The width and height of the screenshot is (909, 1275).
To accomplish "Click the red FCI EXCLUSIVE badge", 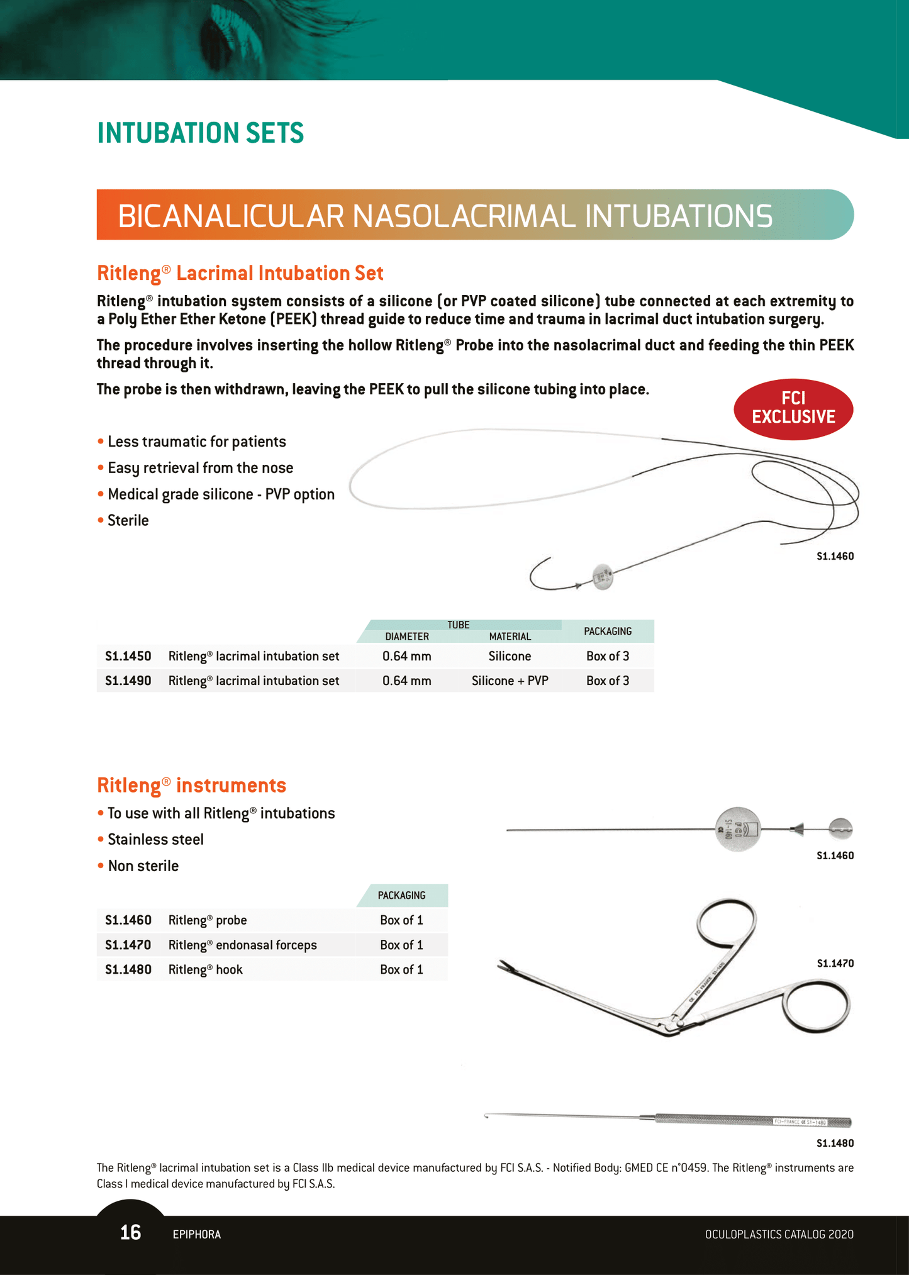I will click(x=793, y=408).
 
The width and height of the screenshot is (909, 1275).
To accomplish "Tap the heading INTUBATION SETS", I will click(x=201, y=133).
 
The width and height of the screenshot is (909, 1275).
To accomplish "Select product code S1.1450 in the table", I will click(x=128, y=656).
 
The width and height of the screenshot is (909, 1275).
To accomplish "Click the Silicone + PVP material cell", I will click(x=510, y=681).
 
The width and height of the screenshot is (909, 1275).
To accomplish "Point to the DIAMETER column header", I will click(x=407, y=637).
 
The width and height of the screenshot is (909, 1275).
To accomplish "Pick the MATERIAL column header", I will click(x=510, y=637).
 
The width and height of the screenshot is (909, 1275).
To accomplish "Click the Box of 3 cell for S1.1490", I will click(x=607, y=681).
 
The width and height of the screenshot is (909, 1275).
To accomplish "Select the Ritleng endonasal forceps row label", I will click(x=242, y=945).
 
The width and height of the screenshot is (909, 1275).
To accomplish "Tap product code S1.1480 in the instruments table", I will click(x=128, y=969).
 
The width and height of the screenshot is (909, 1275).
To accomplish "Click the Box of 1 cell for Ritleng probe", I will click(x=401, y=920).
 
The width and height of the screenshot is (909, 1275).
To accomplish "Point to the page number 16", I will click(x=130, y=1232).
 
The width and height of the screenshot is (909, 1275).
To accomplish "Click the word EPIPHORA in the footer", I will click(x=196, y=1234).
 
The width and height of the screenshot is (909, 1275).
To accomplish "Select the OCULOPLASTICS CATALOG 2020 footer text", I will click(x=779, y=1234).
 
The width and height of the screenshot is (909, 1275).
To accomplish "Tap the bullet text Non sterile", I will click(x=143, y=866).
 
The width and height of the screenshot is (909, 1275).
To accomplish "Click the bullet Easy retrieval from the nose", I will click(x=200, y=468).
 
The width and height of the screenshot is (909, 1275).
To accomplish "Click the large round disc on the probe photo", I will click(x=738, y=829).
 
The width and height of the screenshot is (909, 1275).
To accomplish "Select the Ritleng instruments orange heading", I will click(x=191, y=785).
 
